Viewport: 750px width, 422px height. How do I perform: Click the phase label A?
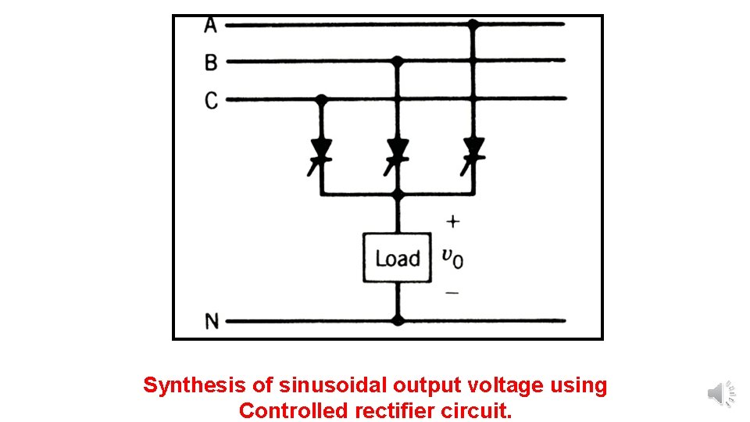point(210,25)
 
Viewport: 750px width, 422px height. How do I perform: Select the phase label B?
point(211,62)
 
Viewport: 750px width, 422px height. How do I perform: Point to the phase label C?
point(211,100)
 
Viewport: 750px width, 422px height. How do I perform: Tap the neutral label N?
point(211,321)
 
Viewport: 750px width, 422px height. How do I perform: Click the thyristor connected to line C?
point(321,148)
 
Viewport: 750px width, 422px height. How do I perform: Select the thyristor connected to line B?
point(398,148)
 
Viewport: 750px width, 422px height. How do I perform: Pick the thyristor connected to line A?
point(473,148)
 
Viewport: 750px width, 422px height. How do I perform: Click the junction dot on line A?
point(473,24)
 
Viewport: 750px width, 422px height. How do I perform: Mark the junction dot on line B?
point(398,60)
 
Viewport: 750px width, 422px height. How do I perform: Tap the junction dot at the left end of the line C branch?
point(321,99)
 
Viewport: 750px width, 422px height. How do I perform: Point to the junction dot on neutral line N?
point(398,320)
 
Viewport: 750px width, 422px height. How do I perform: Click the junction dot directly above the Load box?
point(398,194)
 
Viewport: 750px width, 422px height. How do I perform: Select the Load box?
point(398,258)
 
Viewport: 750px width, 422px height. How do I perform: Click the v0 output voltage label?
point(452,257)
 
